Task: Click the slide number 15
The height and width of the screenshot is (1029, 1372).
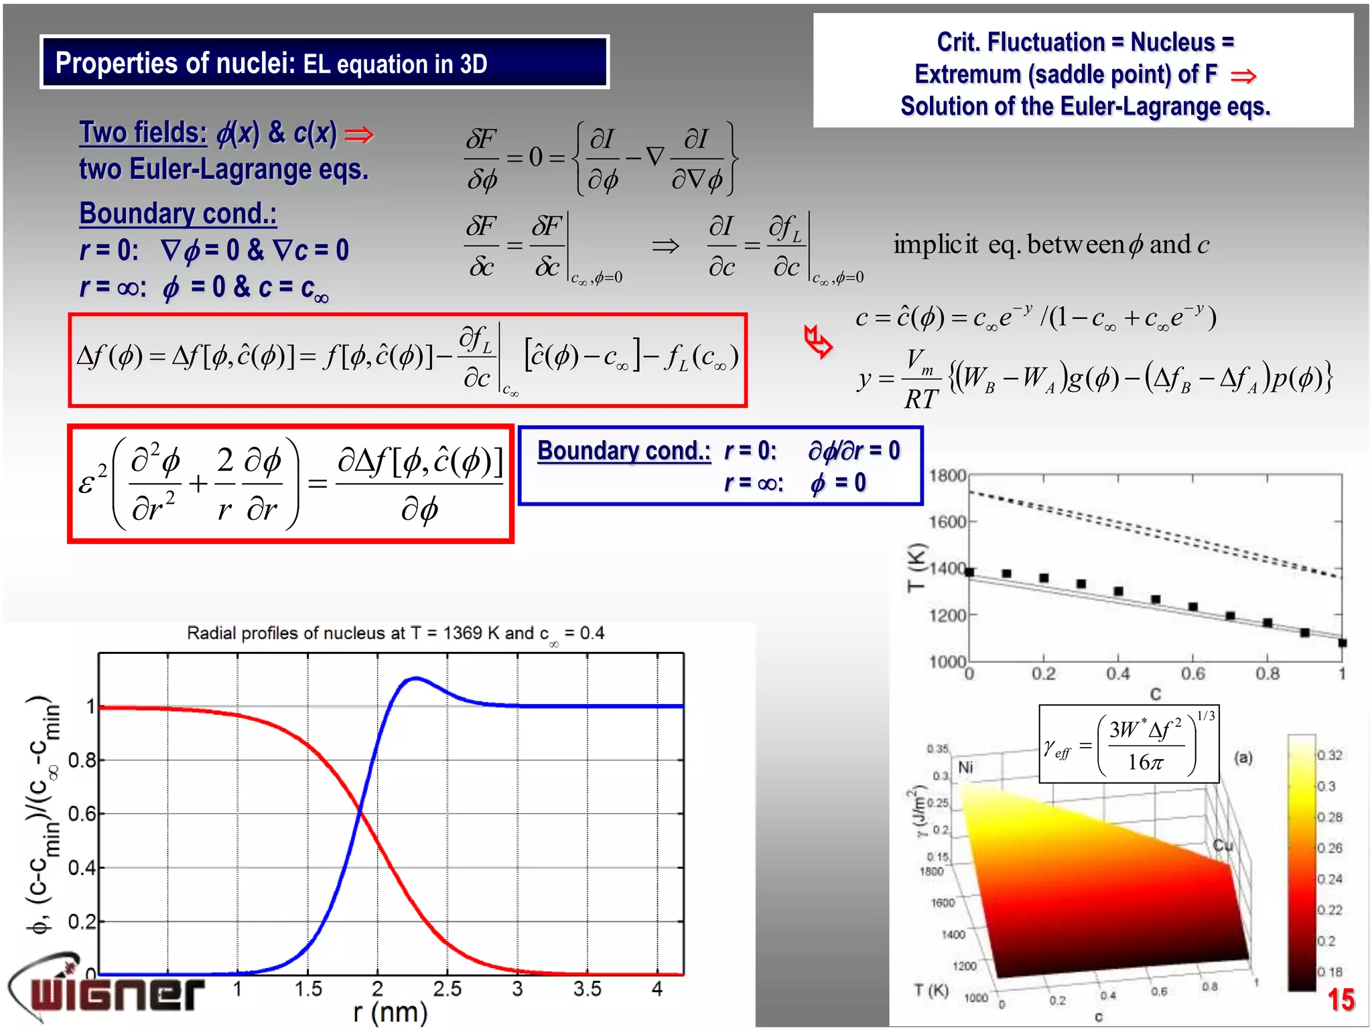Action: [1341, 1000]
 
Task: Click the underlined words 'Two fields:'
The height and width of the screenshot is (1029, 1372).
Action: [143, 133]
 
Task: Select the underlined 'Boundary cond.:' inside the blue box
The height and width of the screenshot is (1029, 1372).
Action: [624, 451]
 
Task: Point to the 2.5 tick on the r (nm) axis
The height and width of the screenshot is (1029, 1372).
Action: [447, 989]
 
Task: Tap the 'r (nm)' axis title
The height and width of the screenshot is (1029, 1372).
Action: [390, 1013]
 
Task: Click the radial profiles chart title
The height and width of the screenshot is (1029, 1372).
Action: [395, 633]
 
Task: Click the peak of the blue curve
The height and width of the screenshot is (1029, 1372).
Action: [415, 679]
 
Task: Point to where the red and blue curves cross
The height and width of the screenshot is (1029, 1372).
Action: [360, 813]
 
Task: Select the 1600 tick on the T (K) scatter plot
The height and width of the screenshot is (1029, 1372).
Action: [947, 521]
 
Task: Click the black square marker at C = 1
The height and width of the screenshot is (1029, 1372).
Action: [1342, 643]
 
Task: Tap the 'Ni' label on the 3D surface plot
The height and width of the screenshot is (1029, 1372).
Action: [965, 767]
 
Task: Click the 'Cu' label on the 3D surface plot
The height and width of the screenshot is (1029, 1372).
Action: [1223, 845]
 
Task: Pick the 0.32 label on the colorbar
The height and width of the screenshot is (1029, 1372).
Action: [1330, 755]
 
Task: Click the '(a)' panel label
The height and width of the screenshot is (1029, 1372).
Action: [1243, 758]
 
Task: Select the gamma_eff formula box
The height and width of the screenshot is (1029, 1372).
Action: [1129, 744]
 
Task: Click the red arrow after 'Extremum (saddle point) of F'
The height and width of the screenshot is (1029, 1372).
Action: [1243, 76]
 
